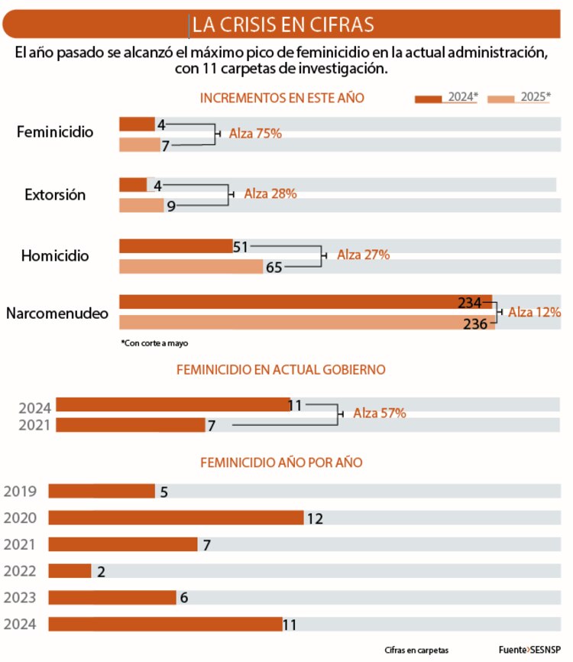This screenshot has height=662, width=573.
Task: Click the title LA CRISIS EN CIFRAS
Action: (283, 24)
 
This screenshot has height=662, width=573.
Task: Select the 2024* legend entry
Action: (446, 97)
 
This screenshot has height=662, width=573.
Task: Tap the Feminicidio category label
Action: (55, 132)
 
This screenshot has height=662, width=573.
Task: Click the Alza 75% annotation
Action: (256, 133)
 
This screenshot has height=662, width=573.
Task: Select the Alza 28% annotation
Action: (270, 194)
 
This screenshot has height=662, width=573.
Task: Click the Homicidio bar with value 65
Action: (191, 267)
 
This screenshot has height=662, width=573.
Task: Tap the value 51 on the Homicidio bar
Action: (241, 246)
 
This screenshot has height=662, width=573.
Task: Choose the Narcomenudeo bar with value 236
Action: (306, 323)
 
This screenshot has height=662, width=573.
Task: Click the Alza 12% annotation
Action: (534, 312)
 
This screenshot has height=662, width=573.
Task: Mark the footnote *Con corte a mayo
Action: (154, 343)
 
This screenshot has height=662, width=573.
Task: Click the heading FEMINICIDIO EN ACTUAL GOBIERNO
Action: (281, 370)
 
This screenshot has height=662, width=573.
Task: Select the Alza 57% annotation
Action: (379, 413)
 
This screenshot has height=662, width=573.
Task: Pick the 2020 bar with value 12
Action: (176, 518)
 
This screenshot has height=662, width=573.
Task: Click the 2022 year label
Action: (20, 571)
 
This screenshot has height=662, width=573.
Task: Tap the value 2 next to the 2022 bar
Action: (101, 571)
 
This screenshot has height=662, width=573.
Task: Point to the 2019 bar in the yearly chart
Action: (102, 492)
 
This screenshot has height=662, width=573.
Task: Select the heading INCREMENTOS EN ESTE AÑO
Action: (282, 98)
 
